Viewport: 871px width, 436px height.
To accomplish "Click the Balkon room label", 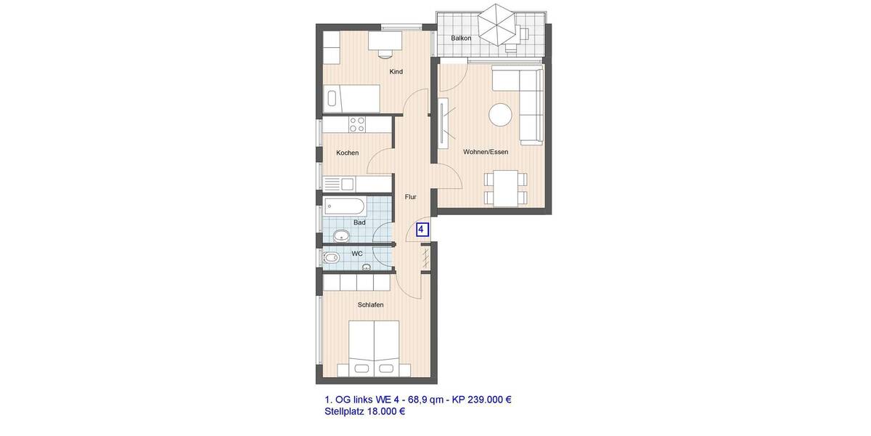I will coord(461,38).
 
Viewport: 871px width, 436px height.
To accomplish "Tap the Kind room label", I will coord(396,71).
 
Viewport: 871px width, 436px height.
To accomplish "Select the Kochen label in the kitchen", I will coord(347,153).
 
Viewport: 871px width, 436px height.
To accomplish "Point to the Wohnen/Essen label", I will coord(486,152).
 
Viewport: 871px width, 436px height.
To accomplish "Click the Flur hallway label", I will coord(410,196).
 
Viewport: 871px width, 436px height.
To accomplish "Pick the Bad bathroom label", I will coord(359,222).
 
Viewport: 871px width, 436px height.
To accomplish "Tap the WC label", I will coord(356,254).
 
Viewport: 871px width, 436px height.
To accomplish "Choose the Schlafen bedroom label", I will coord(370,304).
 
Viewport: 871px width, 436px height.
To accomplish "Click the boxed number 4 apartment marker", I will coord(422,230).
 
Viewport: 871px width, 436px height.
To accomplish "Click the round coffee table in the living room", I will coord(500,114).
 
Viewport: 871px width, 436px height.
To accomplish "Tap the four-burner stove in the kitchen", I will coord(356,124).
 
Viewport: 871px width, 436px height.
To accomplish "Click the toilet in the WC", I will coord(331,257).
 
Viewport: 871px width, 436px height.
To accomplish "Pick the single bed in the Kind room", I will coord(353,96).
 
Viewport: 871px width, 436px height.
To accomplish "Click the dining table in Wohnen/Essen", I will coord(504,187).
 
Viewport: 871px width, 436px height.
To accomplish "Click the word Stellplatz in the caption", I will coord(345,411).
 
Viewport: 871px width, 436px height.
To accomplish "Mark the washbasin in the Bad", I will coord(342,235).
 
